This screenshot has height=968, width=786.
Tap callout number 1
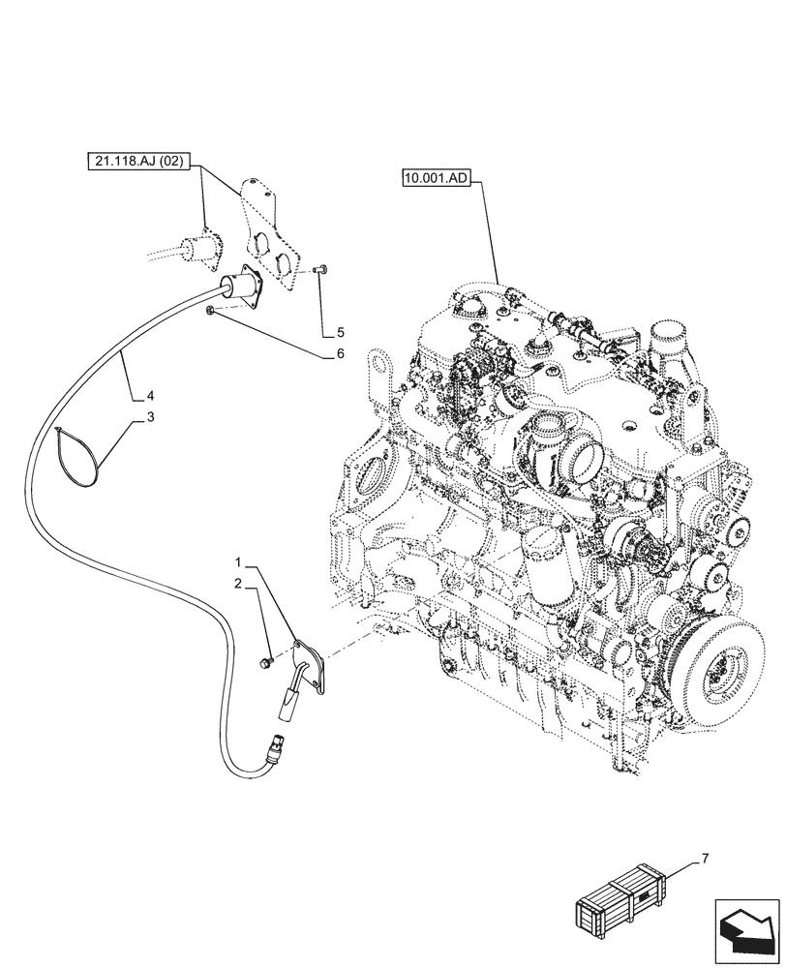[x=237, y=561]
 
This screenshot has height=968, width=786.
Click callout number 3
[x=150, y=417]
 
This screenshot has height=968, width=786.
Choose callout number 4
[x=150, y=395]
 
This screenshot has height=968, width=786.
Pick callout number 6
[x=341, y=354]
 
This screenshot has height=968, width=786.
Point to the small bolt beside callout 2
[x=264, y=662]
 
